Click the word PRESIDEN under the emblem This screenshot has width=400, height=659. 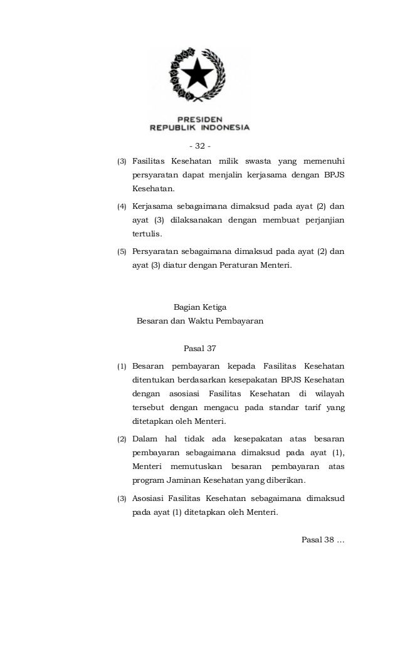199,118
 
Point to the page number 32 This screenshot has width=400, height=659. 200,146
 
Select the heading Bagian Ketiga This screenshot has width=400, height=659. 199,307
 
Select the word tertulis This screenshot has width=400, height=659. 146,234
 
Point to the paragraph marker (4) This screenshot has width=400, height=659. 122,206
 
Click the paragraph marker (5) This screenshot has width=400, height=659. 122,252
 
